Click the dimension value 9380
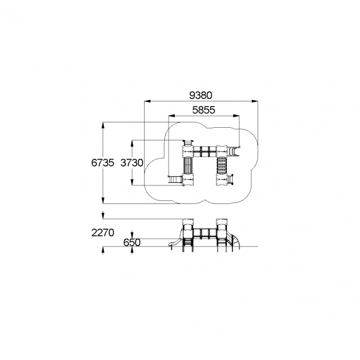200,95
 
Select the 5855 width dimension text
203,110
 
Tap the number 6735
103,163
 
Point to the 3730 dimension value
132,163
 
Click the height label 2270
103,233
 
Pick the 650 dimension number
132,242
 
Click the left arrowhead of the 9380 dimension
147,101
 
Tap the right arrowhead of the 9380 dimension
254,101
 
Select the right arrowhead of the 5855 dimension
236,116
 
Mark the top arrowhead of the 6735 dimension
103,125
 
